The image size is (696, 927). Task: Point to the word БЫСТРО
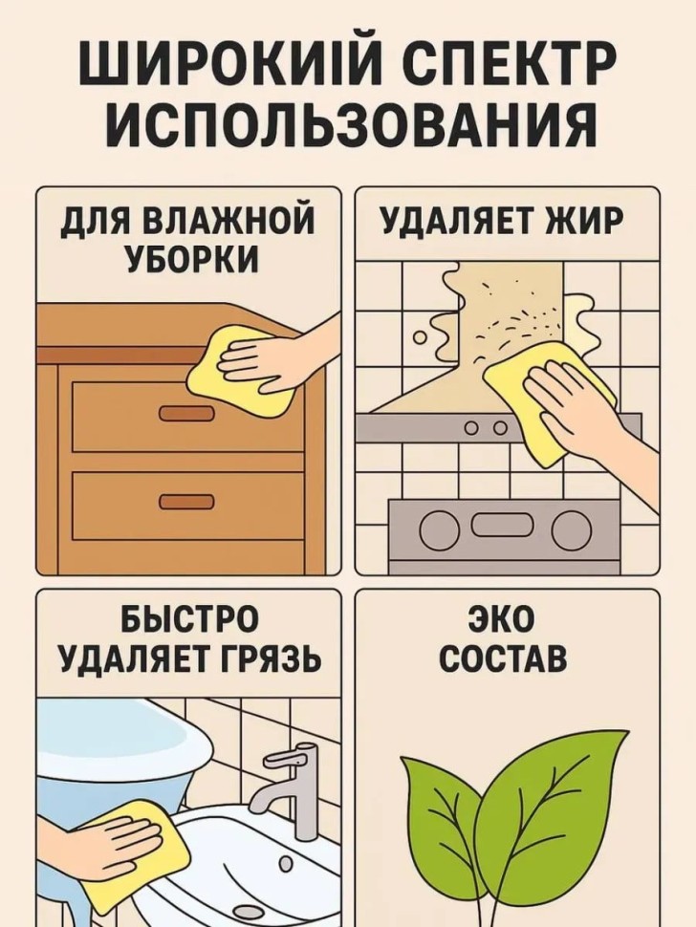190,618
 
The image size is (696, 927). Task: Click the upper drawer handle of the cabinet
186,414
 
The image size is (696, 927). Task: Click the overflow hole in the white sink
286,864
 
